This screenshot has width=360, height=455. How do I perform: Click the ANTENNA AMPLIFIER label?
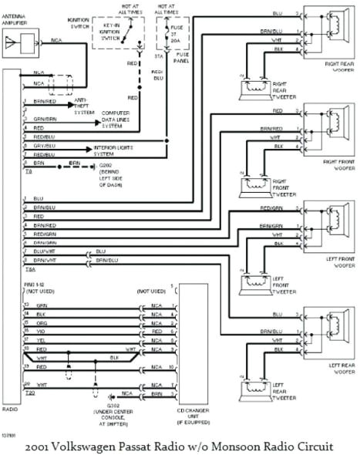point(19,20)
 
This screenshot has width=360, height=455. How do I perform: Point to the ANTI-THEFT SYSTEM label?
point(84,104)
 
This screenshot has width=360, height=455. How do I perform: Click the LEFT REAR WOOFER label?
point(337,368)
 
